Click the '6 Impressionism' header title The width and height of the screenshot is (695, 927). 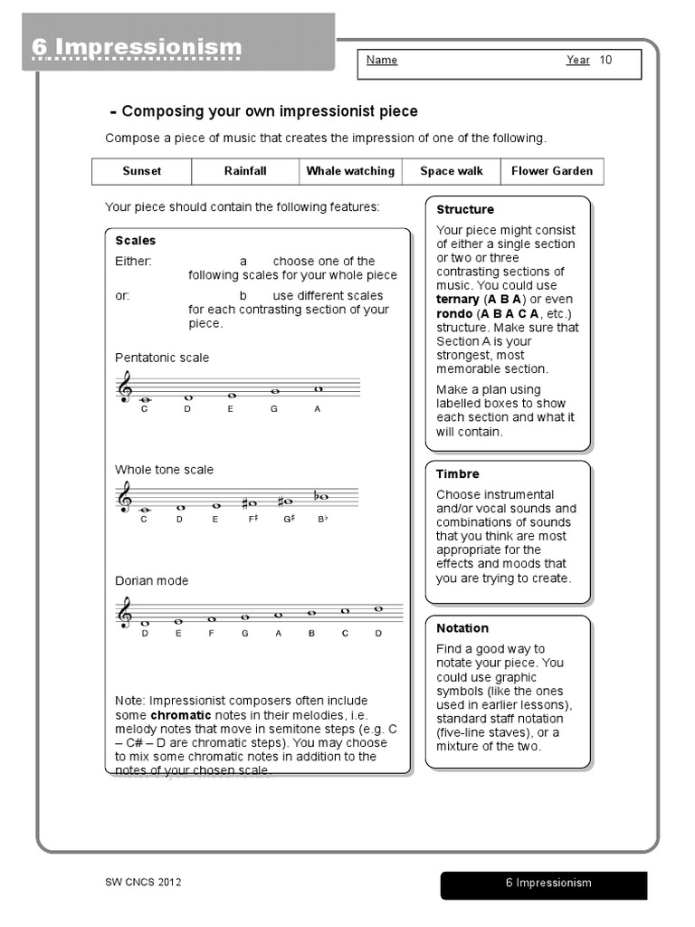point(138,47)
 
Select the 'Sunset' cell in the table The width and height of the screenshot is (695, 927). point(142,171)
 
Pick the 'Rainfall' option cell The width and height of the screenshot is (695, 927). point(245,171)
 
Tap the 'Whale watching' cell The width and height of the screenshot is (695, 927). point(350,171)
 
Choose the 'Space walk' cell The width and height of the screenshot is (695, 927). point(452,171)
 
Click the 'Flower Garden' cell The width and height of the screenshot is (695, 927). point(552,171)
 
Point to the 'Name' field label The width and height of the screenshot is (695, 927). point(382,61)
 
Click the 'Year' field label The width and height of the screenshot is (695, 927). point(578,61)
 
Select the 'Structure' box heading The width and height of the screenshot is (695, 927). point(465,210)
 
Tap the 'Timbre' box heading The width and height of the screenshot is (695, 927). point(458,474)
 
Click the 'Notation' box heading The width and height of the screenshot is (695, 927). point(462,628)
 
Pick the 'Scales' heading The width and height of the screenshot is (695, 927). point(136,241)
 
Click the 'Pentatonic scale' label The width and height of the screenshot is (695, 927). point(162,358)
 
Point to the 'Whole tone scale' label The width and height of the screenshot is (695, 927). point(165,470)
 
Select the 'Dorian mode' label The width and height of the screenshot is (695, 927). point(152,581)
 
